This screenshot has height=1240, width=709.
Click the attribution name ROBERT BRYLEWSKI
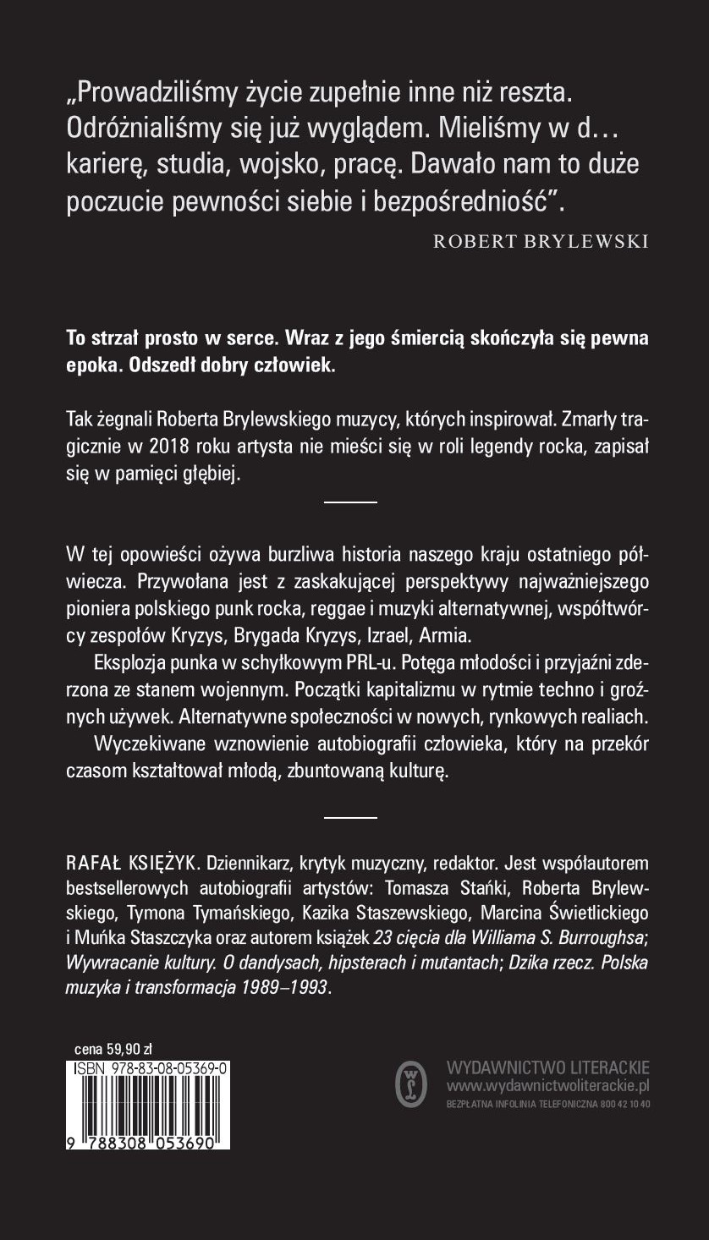click(541, 241)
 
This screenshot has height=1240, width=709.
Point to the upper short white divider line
click(351, 502)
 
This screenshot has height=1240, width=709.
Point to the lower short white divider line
click(351, 817)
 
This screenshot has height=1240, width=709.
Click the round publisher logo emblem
click(412, 1084)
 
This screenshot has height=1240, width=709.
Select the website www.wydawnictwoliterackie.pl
click(547, 1084)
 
